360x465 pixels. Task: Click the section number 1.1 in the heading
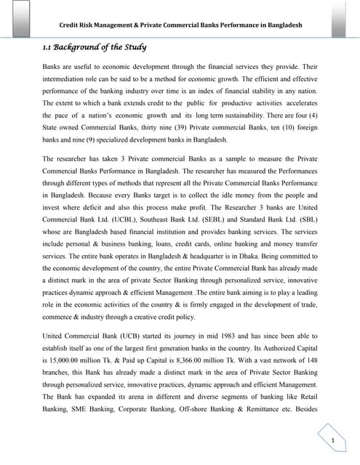point(47,49)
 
